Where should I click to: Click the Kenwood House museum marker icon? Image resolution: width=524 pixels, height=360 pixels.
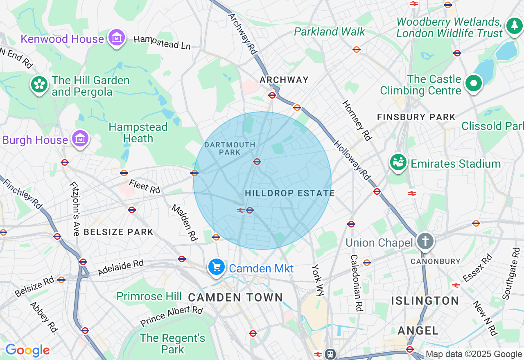coord(117,38)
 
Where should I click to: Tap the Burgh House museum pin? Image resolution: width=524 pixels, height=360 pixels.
coord(80,139)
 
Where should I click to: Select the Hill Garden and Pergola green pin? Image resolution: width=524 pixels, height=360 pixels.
coord(39,85)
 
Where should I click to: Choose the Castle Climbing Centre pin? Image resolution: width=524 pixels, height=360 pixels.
coord(474,83)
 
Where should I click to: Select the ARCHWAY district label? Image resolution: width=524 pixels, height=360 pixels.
coord(284,80)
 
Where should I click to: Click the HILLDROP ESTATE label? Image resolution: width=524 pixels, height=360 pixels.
coord(290,193)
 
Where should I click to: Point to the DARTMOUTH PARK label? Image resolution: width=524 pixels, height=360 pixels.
coord(230,148)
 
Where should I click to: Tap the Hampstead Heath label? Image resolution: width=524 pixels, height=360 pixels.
coord(138,133)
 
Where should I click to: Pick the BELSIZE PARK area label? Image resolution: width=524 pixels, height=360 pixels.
coord(118,232)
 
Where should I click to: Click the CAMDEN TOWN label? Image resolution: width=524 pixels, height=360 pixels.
coord(235,297)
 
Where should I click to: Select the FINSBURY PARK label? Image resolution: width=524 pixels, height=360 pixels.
coord(416,117)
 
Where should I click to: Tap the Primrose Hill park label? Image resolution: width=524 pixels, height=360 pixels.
coord(149,296)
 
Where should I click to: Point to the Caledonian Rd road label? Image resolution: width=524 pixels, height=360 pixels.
coord(357,283)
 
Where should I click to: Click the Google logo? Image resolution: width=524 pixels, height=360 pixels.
coord(27,351)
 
